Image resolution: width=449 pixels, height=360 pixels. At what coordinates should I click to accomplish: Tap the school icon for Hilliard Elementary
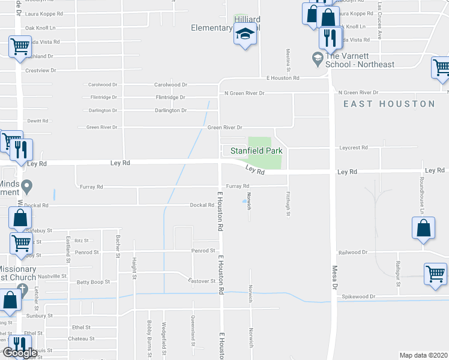(x=246, y=35)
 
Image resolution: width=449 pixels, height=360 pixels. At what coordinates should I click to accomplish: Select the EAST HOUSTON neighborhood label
(x=389, y=104)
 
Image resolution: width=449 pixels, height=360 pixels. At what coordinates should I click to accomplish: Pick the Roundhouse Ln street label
(x=422, y=203)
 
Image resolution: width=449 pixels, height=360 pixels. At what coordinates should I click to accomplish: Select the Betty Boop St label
(x=94, y=281)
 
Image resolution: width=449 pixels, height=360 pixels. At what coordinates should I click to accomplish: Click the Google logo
(x=19, y=353)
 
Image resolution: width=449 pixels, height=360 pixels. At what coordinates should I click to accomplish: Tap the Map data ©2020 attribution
(x=423, y=355)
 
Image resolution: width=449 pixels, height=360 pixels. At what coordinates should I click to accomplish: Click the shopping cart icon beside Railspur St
(x=435, y=273)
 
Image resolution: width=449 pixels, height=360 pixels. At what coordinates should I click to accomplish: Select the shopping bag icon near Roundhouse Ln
(x=423, y=228)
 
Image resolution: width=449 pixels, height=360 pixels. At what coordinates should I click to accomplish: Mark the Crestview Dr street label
(x=40, y=70)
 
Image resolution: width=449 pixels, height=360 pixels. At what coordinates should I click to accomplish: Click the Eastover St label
(x=202, y=281)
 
